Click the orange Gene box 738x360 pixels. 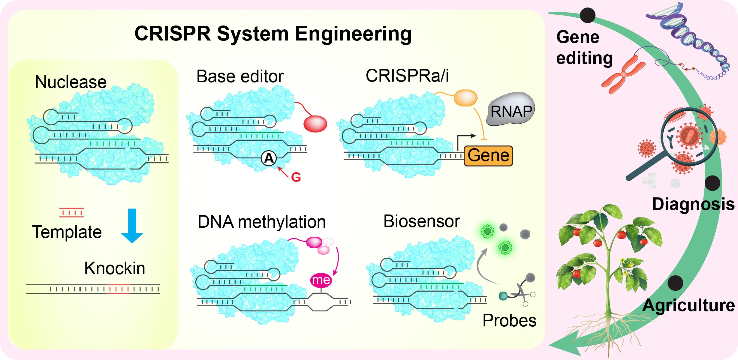coord(488,156)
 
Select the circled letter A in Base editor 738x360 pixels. coord(269,158)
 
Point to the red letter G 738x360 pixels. coord(296,177)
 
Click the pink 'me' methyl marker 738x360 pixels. coord(321,280)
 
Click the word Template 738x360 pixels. coord(67,232)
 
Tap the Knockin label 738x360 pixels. coord(115,268)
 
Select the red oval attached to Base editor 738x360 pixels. coord(315,124)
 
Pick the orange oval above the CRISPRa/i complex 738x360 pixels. coord(465,98)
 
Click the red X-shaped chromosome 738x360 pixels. coord(624,74)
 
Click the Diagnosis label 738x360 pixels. coord(693,204)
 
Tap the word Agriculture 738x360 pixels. coord(688,306)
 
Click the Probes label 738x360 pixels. coord(509,320)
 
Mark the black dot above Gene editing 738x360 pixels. coord(587,15)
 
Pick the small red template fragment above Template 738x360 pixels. coord(71,212)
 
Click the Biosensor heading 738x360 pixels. coord(421,221)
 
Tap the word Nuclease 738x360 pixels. coord(71,82)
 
